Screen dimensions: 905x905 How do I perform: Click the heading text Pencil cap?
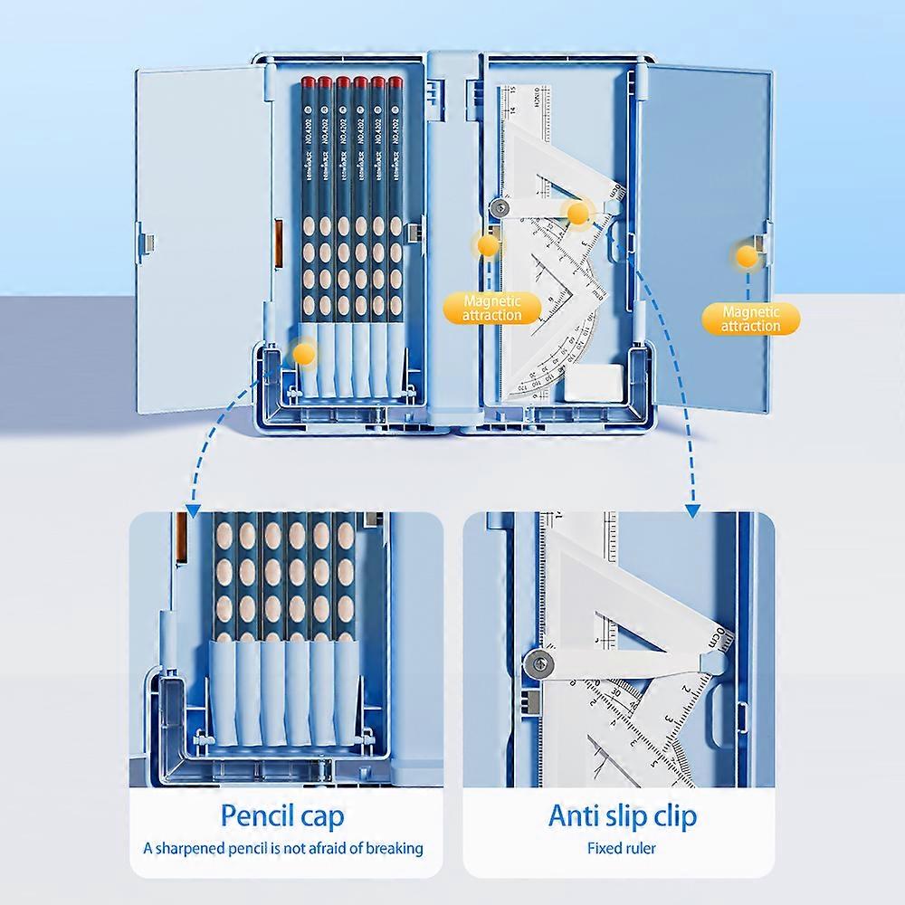tap(282, 816)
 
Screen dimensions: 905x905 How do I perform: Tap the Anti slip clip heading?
tap(623, 816)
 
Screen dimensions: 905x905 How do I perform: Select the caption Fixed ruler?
tap(621, 849)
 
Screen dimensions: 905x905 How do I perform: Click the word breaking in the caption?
tap(391, 849)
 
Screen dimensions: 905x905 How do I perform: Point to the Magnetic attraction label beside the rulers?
tap(491, 308)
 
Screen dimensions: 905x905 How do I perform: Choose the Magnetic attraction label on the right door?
tap(751, 319)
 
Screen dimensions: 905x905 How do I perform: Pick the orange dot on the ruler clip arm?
tap(576, 214)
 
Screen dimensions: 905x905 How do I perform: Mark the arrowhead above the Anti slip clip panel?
tap(692, 510)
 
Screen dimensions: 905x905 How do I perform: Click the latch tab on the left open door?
tap(150, 243)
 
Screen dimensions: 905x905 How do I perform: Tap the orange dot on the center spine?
tap(488, 244)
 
